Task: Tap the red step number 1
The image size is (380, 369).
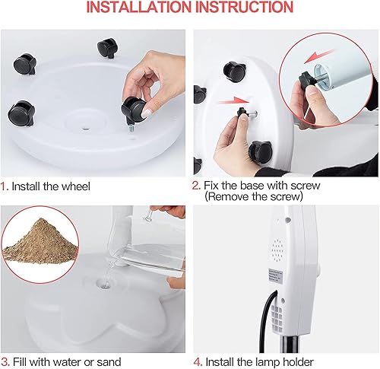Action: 4,185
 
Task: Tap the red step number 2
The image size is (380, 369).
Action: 195,185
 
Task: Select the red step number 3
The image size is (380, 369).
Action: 4,360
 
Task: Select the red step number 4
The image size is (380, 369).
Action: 196,360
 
